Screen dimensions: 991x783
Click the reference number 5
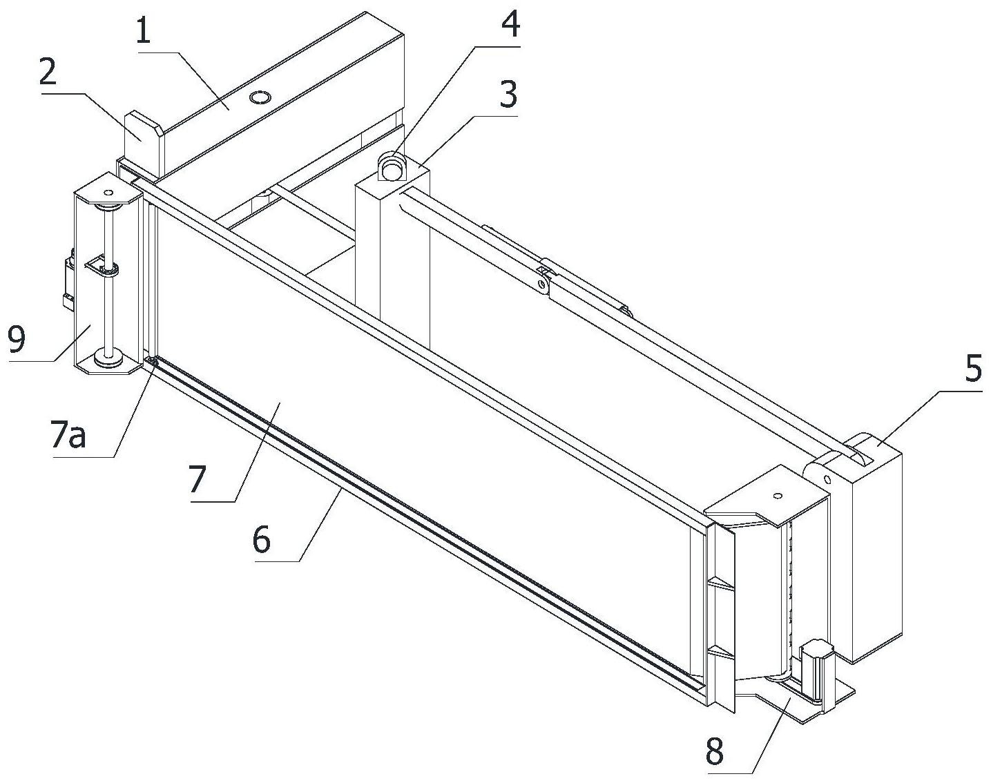coord(972,369)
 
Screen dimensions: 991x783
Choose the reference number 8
coord(715,751)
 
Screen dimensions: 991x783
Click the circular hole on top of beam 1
coord(260,98)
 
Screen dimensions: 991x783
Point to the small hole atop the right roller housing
coord(777,495)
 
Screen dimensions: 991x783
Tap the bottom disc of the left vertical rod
coord(107,357)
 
